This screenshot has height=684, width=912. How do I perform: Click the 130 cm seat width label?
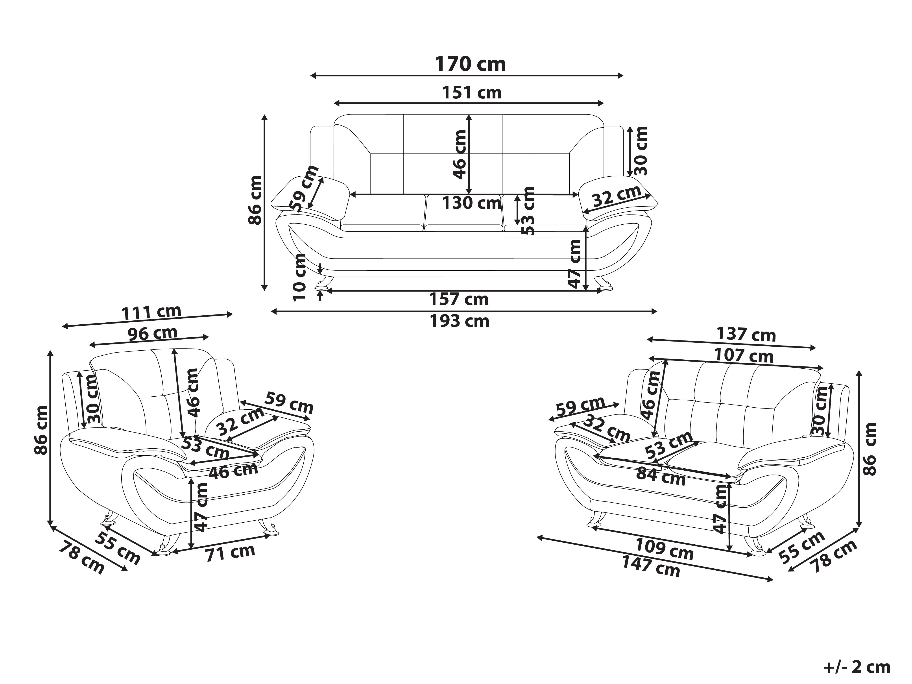[472, 203]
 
